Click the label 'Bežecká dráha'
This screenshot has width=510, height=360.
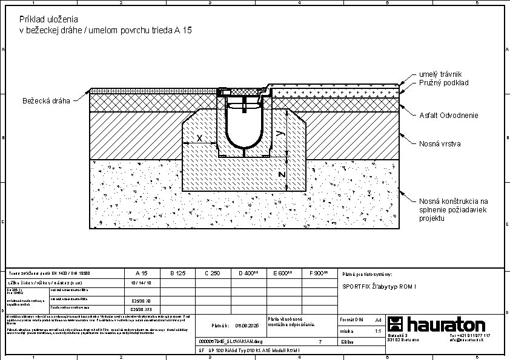point(46,100)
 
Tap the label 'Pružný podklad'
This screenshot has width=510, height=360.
point(443,82)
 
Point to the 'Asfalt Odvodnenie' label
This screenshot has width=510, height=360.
point(449,115)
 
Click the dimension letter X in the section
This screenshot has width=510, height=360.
point(200,138)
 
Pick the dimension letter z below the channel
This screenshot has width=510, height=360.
point(280,174)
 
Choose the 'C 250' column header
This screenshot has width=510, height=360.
point(212,273)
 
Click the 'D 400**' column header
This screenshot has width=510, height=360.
point(248,273)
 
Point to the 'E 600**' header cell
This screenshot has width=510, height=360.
point(283,273)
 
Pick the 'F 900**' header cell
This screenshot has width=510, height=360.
point(319,273)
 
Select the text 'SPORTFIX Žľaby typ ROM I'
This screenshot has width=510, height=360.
point(379,287)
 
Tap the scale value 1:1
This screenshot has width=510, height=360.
point(378,332)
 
